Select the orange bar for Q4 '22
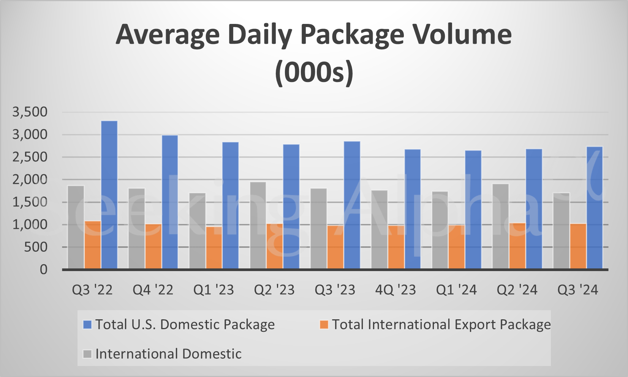tap(153, 246)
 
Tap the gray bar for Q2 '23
tap(258, 226)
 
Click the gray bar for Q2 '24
tap(500, 226)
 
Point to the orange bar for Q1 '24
tap(456, 247)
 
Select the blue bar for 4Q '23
tap(413, 209)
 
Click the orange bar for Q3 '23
tap(335, 247)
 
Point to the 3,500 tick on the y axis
tap(30, 112)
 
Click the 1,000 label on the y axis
tap(30, 224)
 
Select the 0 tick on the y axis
tap(44, 270)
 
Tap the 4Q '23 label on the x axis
tap(395, 290)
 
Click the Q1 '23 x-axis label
tap(214, 290)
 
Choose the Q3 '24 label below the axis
tap(577, 290)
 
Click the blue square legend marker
tap(87, 325)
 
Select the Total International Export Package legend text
tap(441, 325)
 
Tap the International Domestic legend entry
tap(168, 354)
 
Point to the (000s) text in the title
tap(314, 72)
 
